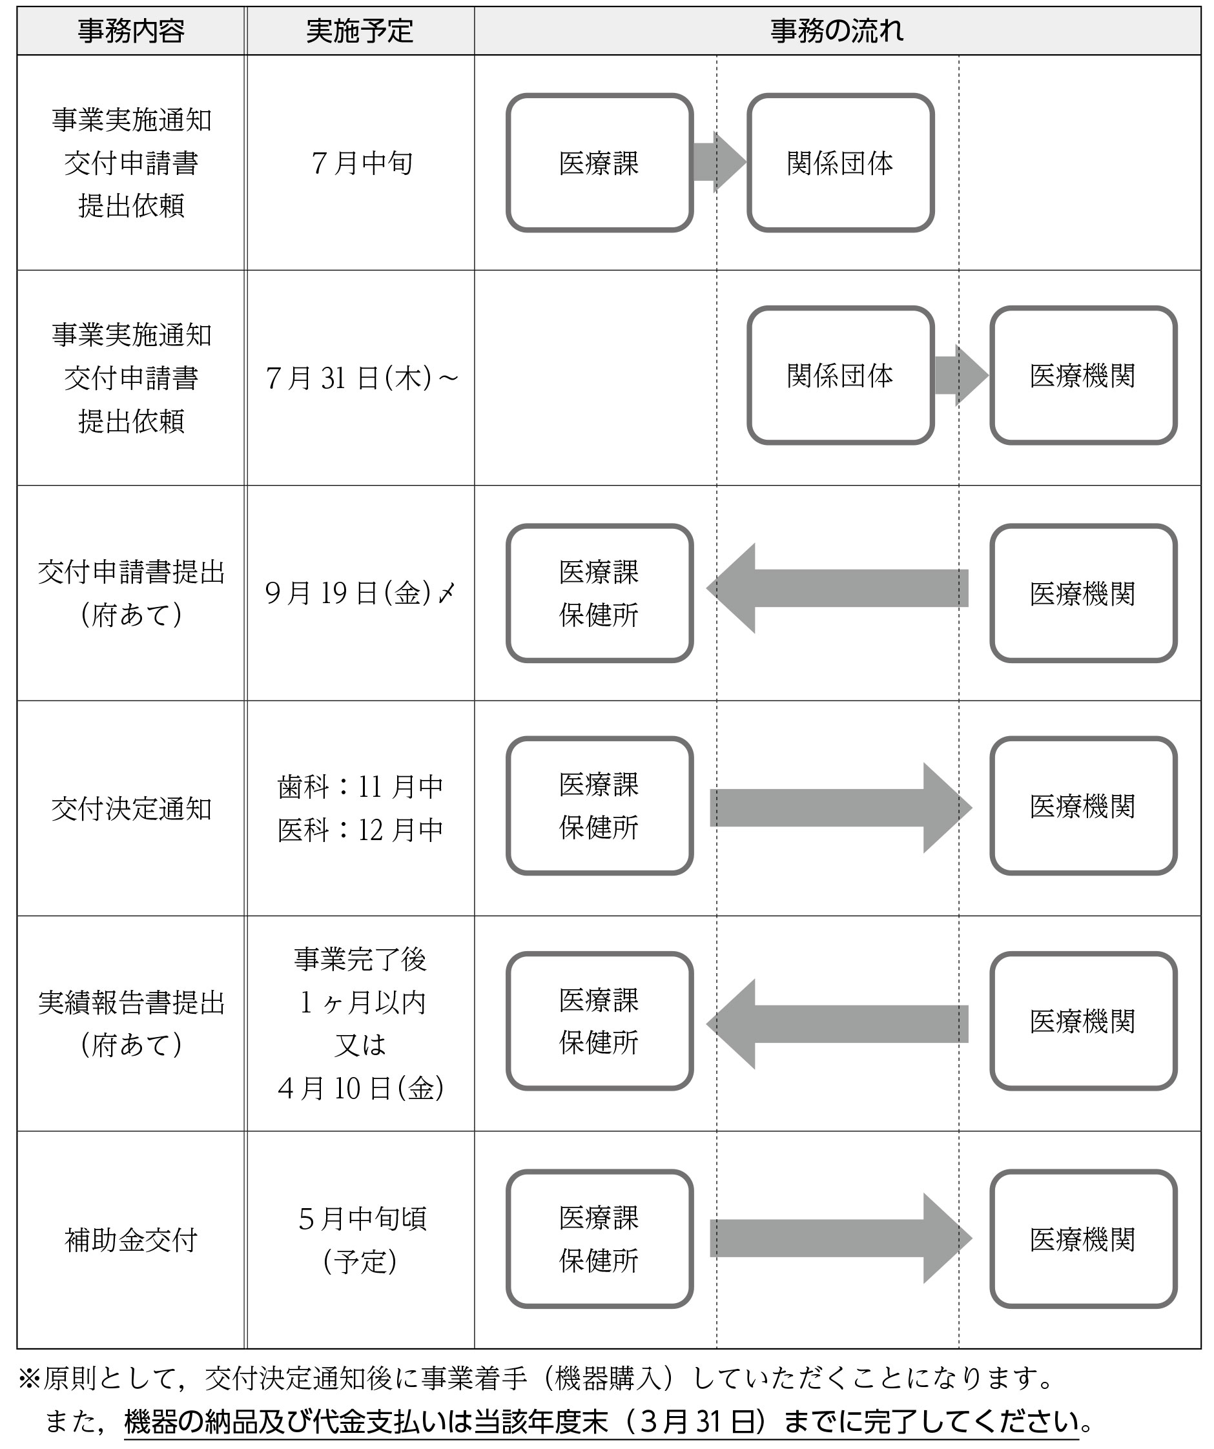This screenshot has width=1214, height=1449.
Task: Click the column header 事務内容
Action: [131, 31]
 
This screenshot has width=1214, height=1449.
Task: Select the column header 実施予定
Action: [360, 31]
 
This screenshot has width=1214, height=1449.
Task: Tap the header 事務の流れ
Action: [837, 31]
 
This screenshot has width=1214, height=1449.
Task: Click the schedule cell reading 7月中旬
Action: [362, 163]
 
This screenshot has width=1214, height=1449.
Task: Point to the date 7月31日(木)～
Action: [362, 378]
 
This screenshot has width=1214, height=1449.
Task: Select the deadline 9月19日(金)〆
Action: [360, 593]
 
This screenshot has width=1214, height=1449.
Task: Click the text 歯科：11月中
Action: [360, 786]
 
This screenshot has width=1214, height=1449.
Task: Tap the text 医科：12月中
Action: [360, 830]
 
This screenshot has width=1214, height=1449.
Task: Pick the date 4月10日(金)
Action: [360, 1088]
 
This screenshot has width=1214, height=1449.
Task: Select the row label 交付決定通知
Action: [131, 808]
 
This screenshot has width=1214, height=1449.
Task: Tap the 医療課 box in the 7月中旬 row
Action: [599, 163]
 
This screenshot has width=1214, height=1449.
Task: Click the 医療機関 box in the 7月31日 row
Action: [1083, 375]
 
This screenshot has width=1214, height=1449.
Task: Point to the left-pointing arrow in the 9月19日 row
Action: [837, 588]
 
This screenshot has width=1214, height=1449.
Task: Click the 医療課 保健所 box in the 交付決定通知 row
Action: [599, 806]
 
